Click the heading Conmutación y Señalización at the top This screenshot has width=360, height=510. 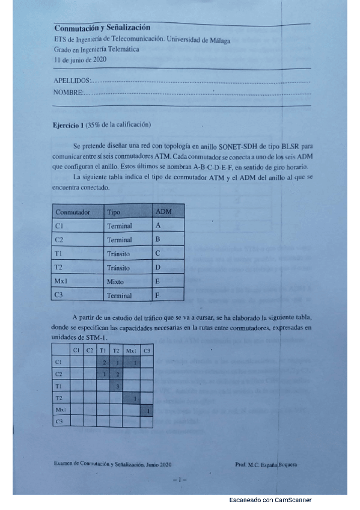coord(102,28)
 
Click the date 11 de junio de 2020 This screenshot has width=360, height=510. coord(80,60)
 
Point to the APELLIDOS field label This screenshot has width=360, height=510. coord(72,80)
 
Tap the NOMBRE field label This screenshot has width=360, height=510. coord(67,93)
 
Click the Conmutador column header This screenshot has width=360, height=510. coord(73,212)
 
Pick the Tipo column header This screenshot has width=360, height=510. coord(113,212)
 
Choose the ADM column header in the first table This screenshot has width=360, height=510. coord(163,212)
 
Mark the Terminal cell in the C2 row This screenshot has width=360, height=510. coord(119,240)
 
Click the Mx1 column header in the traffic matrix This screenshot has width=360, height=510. coord(132,350)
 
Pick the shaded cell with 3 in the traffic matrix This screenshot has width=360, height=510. coord(118,386)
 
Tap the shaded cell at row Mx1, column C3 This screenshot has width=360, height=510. coord(148,410)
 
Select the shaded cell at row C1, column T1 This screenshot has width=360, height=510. coord(104,362)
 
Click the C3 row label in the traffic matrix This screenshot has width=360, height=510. coord(58,422)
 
